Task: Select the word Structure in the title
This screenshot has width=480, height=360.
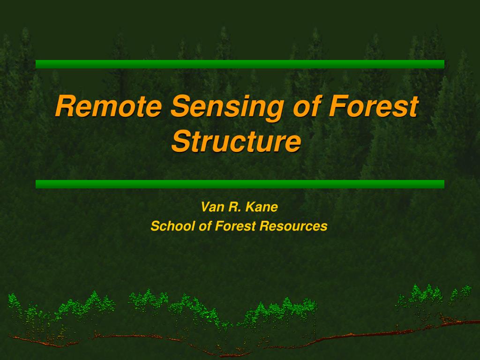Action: [x=236, y=141]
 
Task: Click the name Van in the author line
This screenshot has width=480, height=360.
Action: [x=211, y=207]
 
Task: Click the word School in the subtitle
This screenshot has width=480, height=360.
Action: [x=172, y=226]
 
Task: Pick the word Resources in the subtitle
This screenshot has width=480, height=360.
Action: [x=293, y=226]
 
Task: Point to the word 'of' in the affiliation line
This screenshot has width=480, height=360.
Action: [x=205, y=226]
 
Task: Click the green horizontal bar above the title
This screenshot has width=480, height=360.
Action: [x=240, y=64]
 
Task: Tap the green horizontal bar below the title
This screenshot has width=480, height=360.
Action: [x=240, y=184]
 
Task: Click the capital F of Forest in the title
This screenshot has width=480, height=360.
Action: [x=339, y=106]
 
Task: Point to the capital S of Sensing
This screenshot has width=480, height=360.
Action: [x=181, y=106]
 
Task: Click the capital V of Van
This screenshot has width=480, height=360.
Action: [x=206, y=207]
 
